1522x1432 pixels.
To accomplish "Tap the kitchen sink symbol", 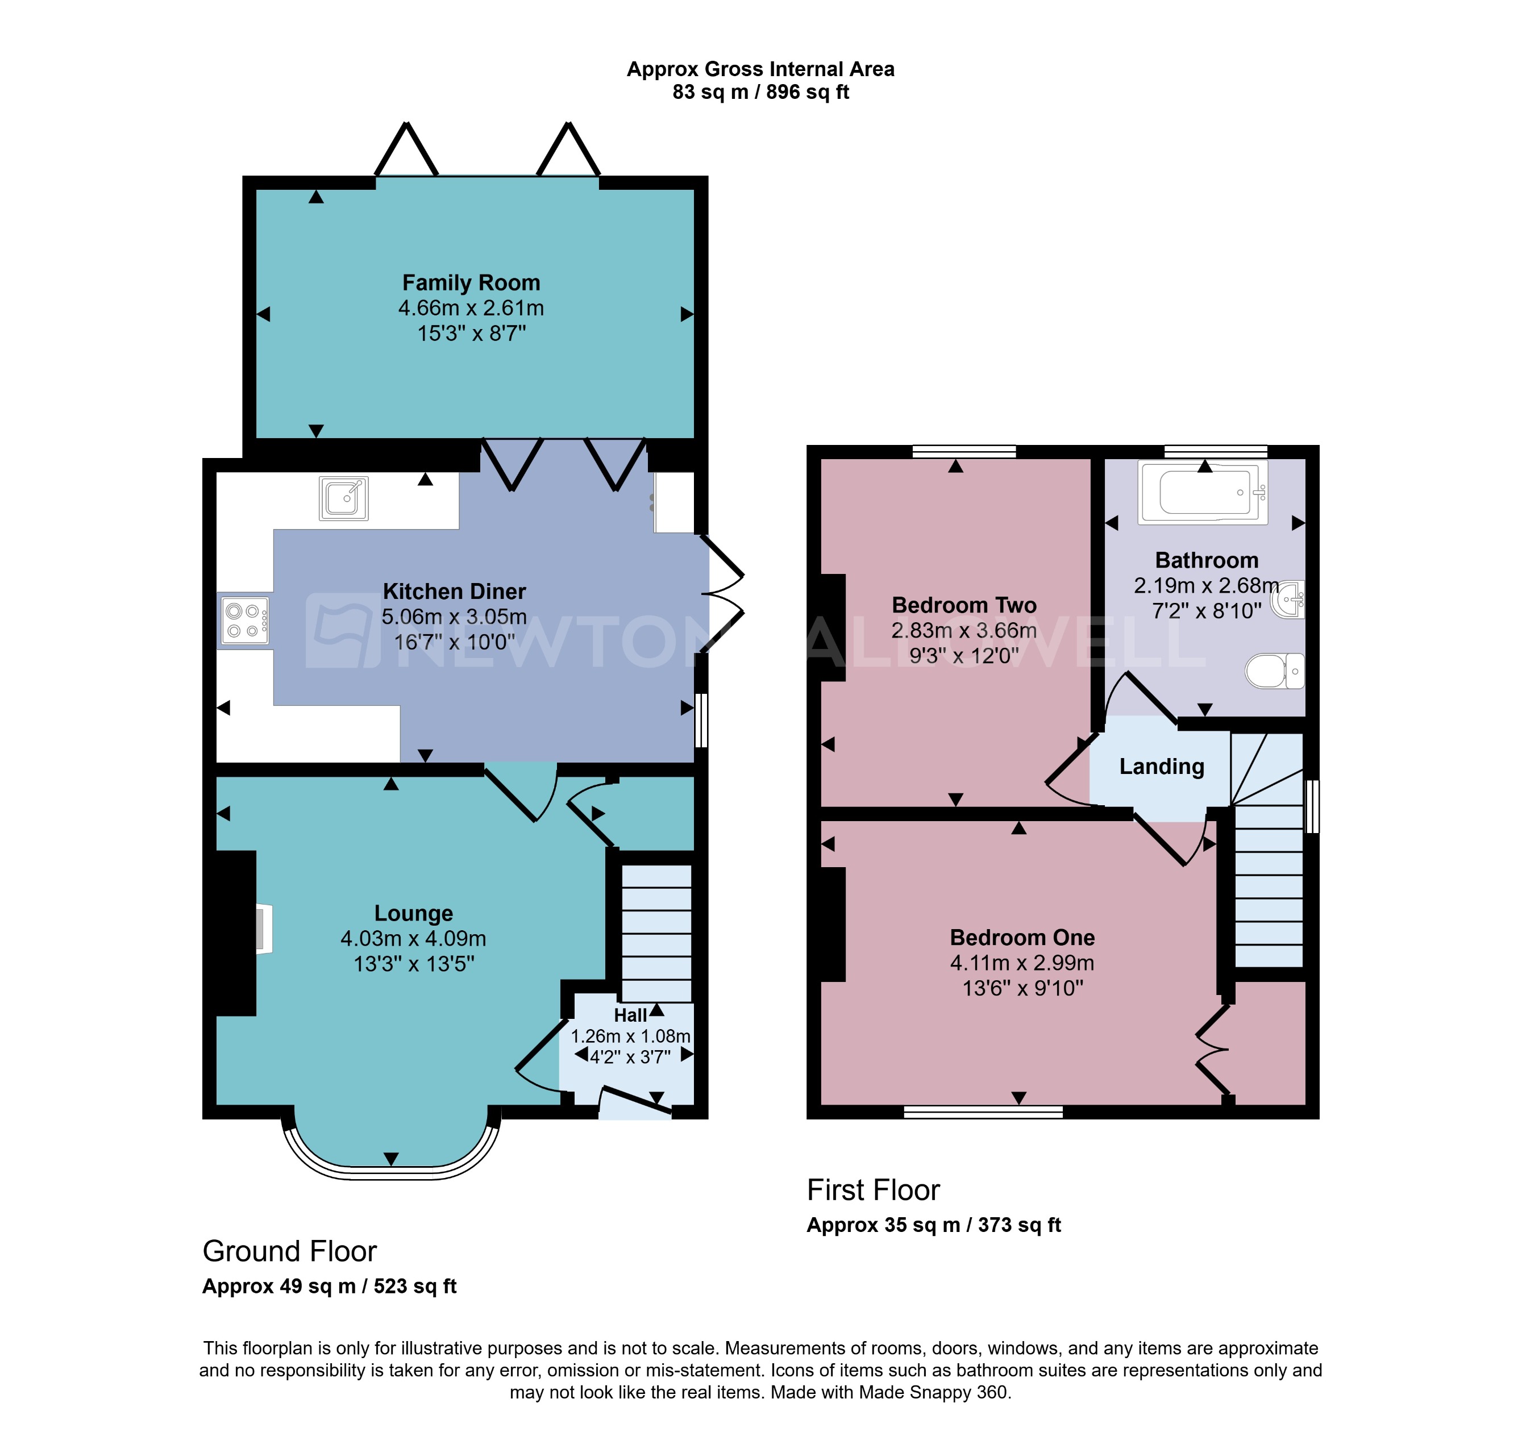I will (344, 498).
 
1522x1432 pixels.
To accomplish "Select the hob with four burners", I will (245, 621).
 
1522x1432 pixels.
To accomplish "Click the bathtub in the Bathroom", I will (1202, 492).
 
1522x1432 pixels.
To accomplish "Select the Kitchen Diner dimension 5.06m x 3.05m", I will (454, 617).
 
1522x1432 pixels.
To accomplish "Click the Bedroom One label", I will (1022, 938).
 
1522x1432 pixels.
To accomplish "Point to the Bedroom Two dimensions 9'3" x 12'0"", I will (964, 655).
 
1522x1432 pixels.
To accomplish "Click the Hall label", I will (630, 1015).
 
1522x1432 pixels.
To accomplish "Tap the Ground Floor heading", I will (289, 1251).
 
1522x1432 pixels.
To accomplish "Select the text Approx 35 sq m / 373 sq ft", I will (933, 1225).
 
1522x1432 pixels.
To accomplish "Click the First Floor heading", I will (873, 1190).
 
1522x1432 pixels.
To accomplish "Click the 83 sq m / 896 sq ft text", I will (760, 93).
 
